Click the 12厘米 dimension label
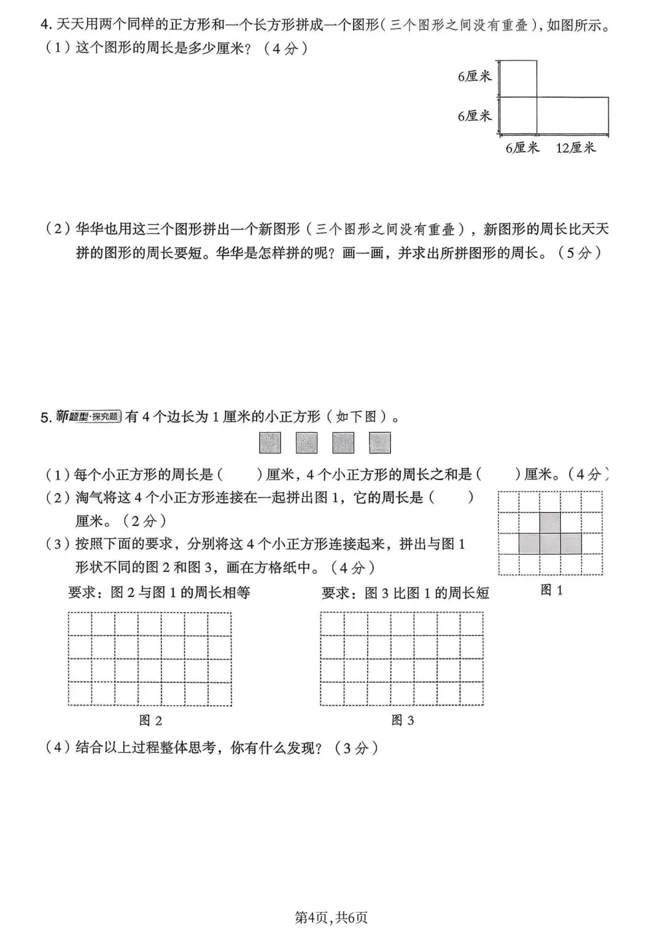576,148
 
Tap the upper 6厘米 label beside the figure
475,76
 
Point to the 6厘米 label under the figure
522,148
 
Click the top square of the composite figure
518,79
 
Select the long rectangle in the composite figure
573,116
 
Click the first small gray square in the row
270,443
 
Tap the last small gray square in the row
380,443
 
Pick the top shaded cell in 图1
550,523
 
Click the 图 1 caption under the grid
551,590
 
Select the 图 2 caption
150,720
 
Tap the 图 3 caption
403,720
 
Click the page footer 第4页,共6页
331,917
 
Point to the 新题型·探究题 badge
88,417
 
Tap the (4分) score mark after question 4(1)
285,49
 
